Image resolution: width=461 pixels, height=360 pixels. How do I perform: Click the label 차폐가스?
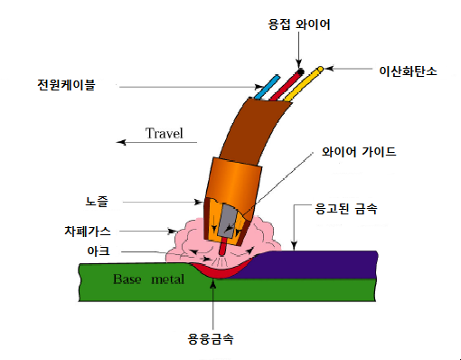(x=93, y=230)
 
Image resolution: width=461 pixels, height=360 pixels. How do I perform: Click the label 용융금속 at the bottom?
(x=212, y=341)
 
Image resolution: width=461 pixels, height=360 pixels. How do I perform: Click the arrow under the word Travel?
(x=149, y=143)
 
